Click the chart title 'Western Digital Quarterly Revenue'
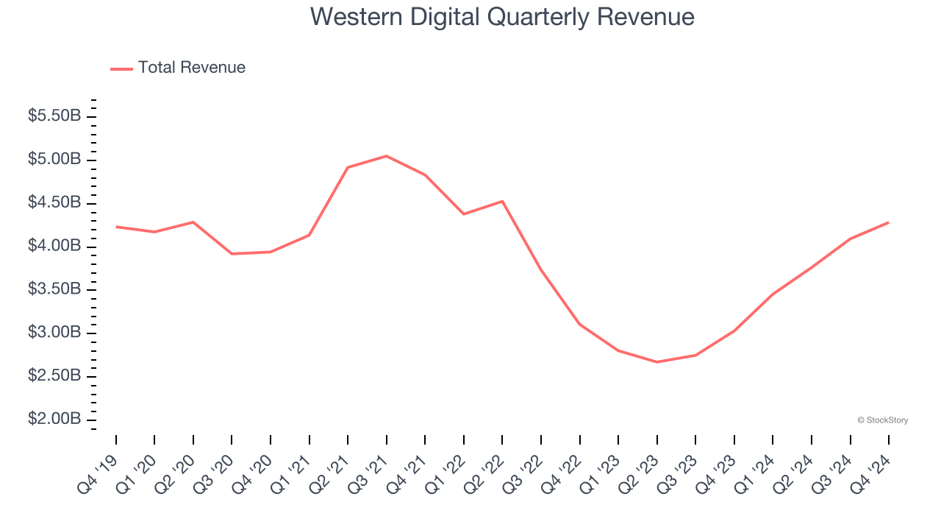coord(502,17)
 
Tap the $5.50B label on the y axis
coord(54,116)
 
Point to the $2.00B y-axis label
coord(54,420)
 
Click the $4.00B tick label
coord(54,246)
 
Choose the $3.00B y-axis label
coord(54,333)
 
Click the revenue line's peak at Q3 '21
coord(387,156)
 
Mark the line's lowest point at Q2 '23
coord(656,362)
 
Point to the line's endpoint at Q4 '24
coord(888,222)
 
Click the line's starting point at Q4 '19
coord(116,227)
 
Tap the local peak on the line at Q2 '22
coord(502,201)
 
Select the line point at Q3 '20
coord(232,254)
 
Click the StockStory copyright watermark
coord(882,420)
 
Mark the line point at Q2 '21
coord(348,167)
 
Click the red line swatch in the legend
coord(121,68)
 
